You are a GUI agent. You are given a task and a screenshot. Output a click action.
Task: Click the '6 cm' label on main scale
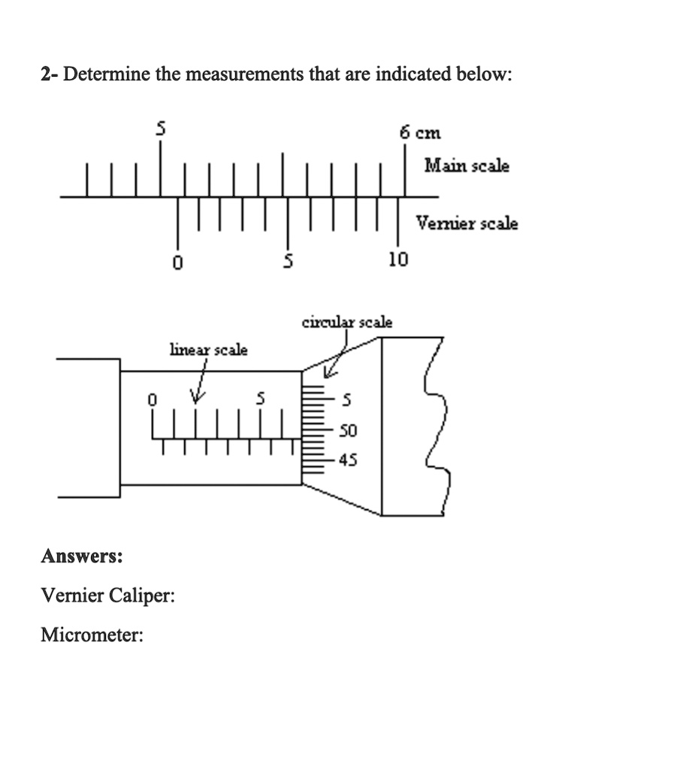[x=421, y=133]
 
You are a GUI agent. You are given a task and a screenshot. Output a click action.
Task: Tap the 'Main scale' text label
[x=466, y=165]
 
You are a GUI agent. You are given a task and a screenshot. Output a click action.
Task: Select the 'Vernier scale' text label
[x=467, y=223]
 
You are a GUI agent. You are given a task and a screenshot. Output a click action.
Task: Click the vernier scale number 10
[x=397, y=260]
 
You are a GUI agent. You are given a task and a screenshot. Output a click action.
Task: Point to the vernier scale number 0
[x=177, y=262]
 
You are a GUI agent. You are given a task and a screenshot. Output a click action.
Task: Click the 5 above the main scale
[x=159, y=130]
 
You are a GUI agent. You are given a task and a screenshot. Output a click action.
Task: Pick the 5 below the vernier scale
[x=286, y=261]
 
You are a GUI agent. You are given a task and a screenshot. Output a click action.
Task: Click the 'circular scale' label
[x=346, y=323]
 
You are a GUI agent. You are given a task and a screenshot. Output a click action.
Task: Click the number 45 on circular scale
[x=348, y=459]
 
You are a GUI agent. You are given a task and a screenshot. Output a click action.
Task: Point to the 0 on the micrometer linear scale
[x=152, y=401]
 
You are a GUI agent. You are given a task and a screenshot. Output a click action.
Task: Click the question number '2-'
[x=50, y=74]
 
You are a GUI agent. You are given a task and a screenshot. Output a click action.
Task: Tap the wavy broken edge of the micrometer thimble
[x=436, y=429]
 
